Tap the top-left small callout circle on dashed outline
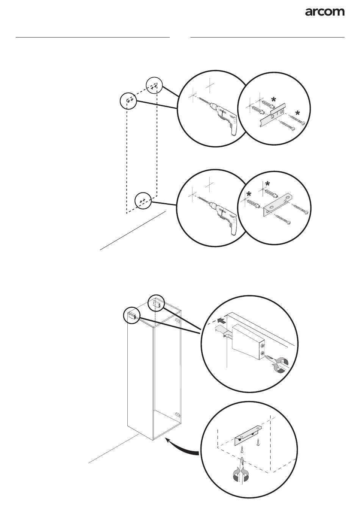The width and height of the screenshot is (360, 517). point(128,100)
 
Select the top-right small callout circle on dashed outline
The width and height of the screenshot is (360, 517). point(154,85)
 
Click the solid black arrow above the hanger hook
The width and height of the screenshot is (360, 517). point(222,321)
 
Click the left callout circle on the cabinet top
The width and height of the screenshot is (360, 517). point(132,315)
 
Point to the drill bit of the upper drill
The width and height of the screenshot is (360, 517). point(203,102)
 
